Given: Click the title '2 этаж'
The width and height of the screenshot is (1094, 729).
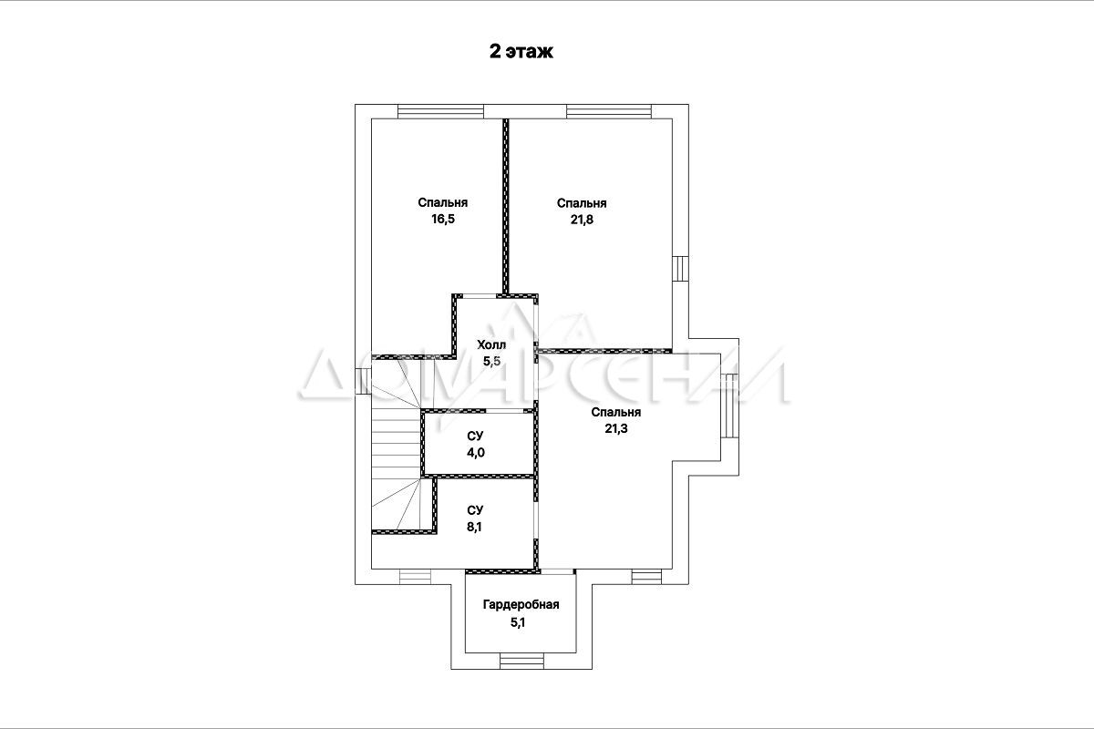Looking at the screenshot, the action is (521, 51).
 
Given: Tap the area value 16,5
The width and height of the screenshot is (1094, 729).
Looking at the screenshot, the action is (442, 219).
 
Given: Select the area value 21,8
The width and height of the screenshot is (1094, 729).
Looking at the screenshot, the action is (582, 220).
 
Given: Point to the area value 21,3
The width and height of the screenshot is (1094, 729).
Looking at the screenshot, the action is (616, 428).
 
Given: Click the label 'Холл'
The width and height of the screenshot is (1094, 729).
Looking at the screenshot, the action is (491, 344).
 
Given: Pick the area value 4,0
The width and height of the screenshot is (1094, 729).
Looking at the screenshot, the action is (475, 453).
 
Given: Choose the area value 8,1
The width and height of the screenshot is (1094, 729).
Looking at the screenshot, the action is (474, 527).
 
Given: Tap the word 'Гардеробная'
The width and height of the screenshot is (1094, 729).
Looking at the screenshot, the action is (521, 604).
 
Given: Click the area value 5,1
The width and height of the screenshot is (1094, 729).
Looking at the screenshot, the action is (518, 622).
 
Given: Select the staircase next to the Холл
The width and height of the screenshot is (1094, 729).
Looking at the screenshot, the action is (397, 445).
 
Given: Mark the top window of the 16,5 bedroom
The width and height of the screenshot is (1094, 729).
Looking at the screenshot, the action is (440, 111).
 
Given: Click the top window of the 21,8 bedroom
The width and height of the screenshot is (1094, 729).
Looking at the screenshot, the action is (609, 111).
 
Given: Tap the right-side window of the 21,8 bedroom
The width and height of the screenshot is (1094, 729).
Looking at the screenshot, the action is (680, 269).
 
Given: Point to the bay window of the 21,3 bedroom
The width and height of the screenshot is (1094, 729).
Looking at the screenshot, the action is (730, 406).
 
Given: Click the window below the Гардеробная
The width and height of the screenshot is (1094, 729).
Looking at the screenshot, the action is (521, 661).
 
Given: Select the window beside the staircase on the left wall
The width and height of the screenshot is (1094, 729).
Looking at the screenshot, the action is (363, 381).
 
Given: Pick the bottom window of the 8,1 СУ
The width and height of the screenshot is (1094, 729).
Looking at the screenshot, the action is (416, 577).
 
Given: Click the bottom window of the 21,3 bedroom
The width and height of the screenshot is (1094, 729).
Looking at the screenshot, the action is (646, 577).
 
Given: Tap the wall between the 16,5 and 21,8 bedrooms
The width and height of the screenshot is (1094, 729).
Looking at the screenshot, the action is (506, 207).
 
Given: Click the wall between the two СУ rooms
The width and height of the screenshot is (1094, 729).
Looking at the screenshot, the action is (479, 476).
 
